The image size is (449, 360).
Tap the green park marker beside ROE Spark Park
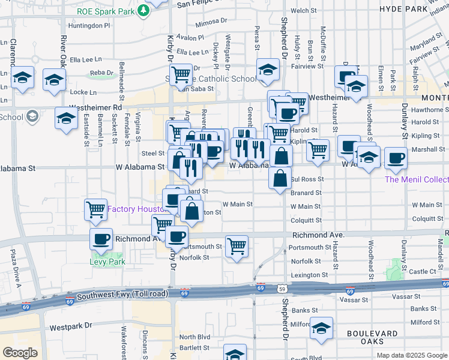(x=143, y=10)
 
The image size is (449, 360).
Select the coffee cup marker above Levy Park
(x=101, y=239)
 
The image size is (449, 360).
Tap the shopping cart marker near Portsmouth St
(x=237, y=245)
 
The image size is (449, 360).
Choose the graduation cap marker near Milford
(x=322, y=328)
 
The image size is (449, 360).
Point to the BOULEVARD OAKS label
(x=372, y=338)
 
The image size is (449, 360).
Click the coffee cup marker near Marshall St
(x=396, y=158)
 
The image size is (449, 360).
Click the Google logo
(x=20, y=353)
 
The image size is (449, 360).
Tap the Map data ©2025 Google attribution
(x=411, y=355)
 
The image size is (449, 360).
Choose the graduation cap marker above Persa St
(x=268, y=70)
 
